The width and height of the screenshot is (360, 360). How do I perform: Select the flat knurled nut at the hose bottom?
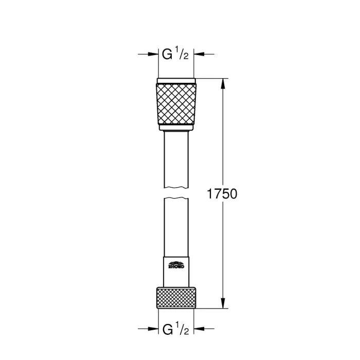176,298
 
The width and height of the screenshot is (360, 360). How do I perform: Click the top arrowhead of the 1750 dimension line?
223,82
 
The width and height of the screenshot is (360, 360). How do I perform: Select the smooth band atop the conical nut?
176,81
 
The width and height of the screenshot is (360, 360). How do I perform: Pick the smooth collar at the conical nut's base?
176,127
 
